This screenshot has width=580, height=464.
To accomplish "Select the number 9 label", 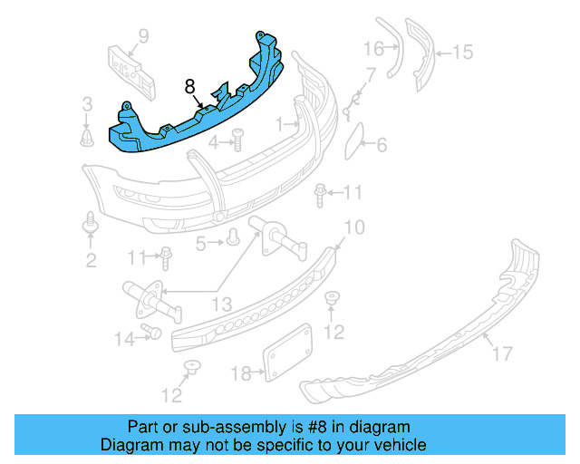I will coord(142,36).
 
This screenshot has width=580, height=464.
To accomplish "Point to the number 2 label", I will coord(91,261).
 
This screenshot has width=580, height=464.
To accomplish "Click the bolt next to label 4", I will coord(238,140).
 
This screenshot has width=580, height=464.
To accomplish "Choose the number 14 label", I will coord(123,339).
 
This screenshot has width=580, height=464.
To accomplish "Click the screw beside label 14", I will coord(151,333).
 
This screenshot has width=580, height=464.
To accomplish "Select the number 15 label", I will coord(462,53).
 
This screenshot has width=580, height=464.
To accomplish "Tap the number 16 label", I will coord(374,49).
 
